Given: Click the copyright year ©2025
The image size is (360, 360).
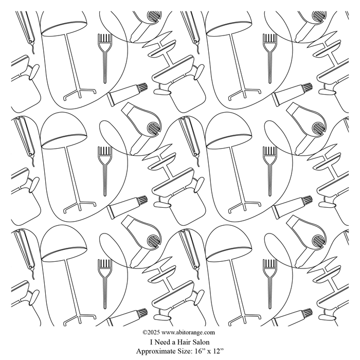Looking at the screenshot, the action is coord(151,332).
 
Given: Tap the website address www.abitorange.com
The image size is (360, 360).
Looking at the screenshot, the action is coord(188,333).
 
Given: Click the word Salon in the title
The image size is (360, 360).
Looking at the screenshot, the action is coord(201,342).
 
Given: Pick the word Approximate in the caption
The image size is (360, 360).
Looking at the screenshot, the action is coord(156,351).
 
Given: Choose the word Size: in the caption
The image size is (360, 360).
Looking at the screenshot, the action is coord(185,351).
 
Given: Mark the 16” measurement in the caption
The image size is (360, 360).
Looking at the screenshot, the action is coord(200,351).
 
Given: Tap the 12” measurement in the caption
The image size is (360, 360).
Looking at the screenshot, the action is coord(218,351).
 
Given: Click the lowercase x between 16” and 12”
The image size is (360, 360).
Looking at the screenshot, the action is coord(209,352).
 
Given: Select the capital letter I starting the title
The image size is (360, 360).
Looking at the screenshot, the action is coord(152,342).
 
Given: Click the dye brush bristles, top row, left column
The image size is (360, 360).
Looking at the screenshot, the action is coord(105,38).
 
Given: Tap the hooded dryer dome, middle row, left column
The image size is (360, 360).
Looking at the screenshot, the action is coord(64,131).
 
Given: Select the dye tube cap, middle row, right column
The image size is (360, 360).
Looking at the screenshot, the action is coord(308,201).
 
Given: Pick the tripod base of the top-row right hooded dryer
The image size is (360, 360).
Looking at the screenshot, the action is coord(244,93).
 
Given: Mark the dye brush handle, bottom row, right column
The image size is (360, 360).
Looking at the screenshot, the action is coord(269,292).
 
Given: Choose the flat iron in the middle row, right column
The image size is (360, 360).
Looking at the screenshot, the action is coord(190,139).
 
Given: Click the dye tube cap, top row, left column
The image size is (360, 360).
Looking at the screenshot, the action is coord(142,87).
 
